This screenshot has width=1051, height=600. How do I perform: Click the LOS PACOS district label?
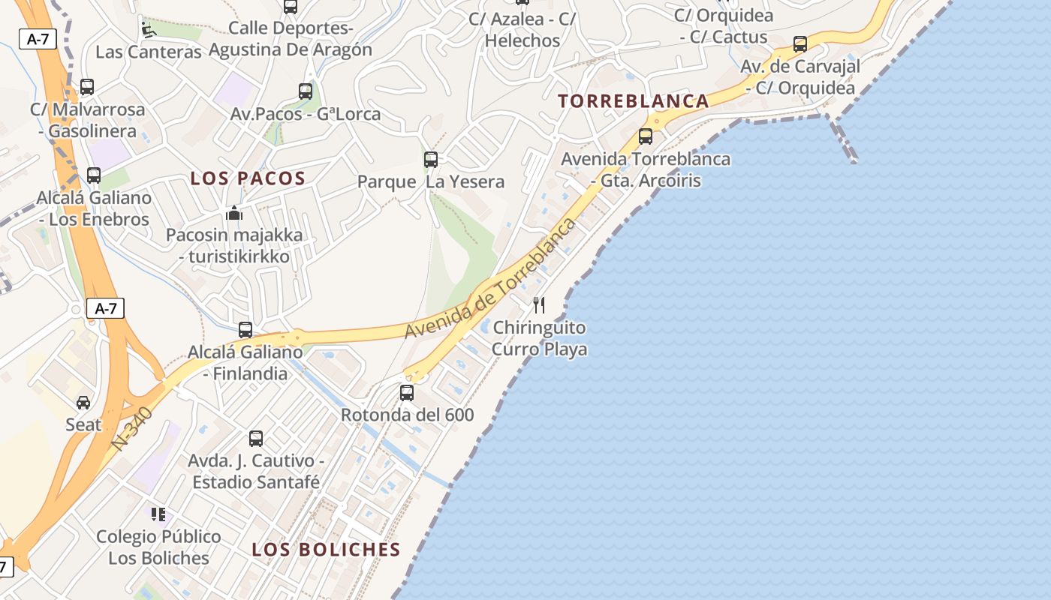click(248, 178)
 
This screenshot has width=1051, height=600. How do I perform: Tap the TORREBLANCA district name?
click(634, 101)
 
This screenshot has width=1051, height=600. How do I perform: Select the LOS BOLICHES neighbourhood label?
click(326, 550)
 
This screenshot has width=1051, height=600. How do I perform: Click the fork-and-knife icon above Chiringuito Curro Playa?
click(538, 304)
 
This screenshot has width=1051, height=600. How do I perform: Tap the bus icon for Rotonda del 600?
click(407, 392)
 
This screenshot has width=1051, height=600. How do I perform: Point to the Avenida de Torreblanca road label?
click(492, 277)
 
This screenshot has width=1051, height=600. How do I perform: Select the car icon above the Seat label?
click(83, 403)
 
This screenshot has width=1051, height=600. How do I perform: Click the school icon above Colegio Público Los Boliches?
click(158, 514)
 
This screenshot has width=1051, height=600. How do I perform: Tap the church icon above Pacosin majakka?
click(234, 213)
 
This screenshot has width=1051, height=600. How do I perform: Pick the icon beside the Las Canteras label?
click(148, 30)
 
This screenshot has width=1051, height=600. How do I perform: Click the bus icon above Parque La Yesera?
click(430, 159)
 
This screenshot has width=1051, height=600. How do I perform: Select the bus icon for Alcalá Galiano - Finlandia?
click(245, 329)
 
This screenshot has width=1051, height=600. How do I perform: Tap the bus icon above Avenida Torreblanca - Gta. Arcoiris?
click(645, 136)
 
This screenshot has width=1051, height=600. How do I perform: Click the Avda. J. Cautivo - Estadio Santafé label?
click(255, 471)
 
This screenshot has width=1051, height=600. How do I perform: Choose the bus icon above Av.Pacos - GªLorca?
click(306, 91)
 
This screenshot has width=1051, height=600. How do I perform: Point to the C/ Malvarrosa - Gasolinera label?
click(88, 120)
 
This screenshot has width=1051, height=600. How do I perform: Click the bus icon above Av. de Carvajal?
click(800, 43)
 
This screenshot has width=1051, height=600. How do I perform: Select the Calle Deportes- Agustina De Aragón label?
click(291, 39)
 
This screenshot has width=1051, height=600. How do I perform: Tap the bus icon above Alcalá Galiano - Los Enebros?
click(94, 175)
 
